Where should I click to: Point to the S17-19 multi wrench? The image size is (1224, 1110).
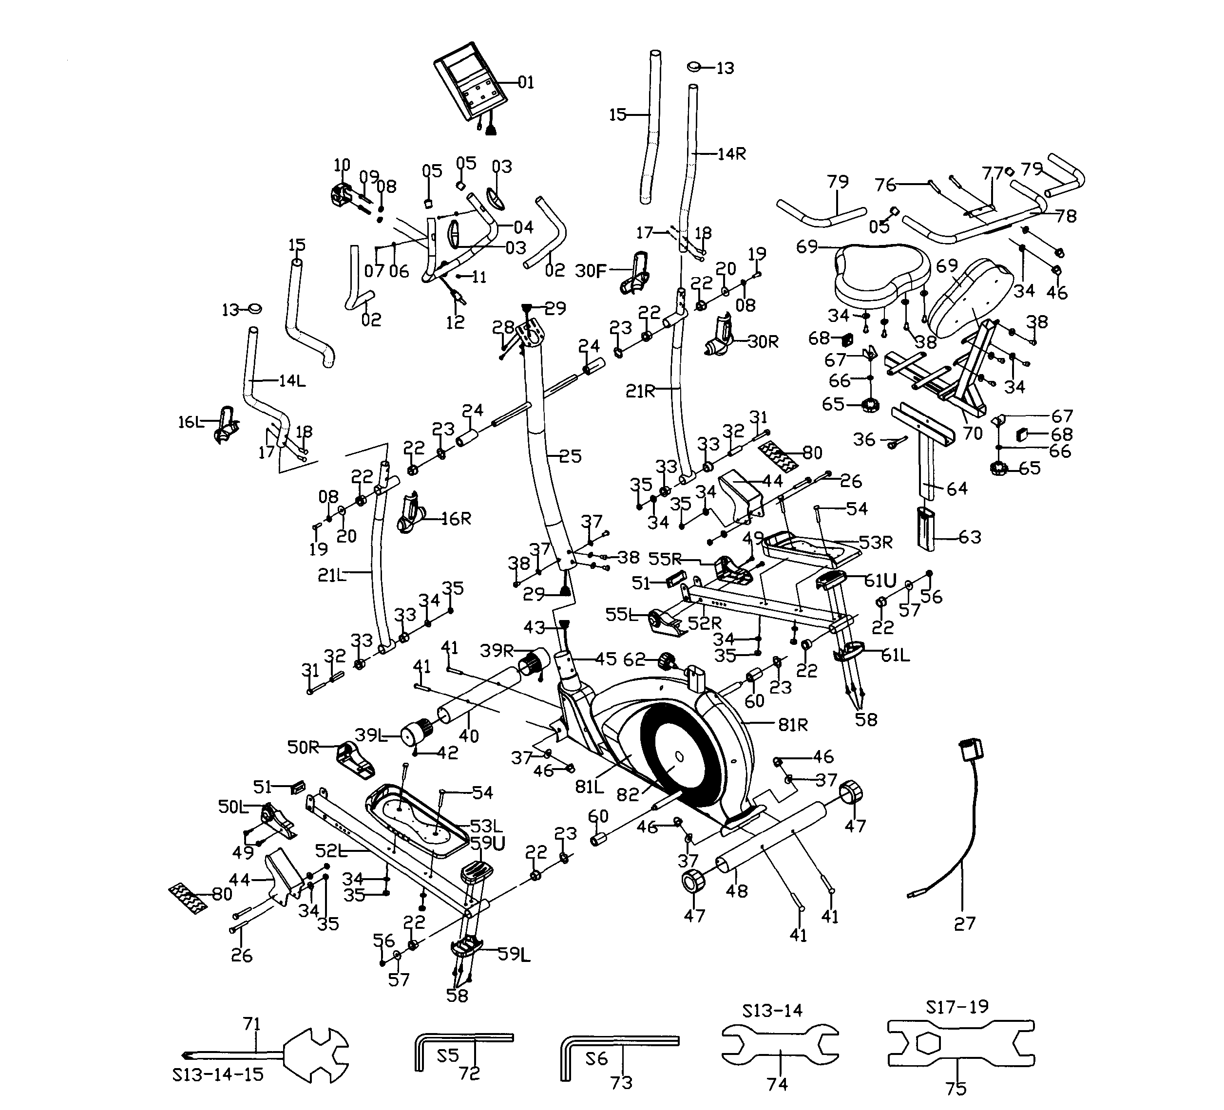[x=960, y=1043]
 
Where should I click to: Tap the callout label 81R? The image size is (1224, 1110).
[x=793, y=725]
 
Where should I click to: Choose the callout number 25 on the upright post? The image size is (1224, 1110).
[x=570, y=456]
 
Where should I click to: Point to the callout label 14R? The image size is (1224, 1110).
[x=731, y=154]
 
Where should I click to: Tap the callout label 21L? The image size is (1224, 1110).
[x=331, y=575]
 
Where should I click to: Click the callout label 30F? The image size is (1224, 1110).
[x=591, y=271]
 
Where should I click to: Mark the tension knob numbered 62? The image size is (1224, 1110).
[x=667, y=661]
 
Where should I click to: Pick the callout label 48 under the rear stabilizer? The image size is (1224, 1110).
[x=736, y=891]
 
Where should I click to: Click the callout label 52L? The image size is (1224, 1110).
[x=331, y=851]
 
